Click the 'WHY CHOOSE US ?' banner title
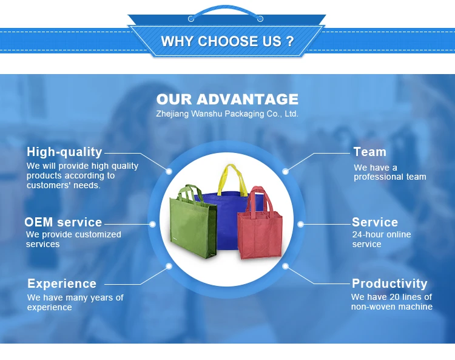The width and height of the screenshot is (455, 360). click(227, 41)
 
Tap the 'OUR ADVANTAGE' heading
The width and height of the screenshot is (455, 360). click(227, 100)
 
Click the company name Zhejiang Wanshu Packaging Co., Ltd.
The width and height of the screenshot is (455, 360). click(227, 114)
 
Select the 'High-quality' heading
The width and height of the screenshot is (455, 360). click(64, 152)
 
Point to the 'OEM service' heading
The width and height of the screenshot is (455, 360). click(63, 222)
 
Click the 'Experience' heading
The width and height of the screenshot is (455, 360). click(62, 284)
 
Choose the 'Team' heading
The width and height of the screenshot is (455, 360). click(369, 152)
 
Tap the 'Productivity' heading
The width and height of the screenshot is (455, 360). click(389, 284)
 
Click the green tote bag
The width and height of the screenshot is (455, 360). click(193, 222)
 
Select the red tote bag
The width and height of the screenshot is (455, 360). click(260, 223)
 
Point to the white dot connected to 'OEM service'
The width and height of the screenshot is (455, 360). click(152, 224)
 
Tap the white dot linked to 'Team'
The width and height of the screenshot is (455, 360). click(285, 172)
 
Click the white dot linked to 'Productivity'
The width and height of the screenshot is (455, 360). click(285, 266)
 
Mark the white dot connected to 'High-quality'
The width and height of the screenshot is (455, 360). click(169, 172)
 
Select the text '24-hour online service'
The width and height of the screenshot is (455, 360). click(382, 239)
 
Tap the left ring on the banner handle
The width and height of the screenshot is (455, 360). click(191, 19)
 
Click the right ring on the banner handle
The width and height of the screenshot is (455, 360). click(260, 19)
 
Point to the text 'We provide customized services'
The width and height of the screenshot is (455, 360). click(73, 239)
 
